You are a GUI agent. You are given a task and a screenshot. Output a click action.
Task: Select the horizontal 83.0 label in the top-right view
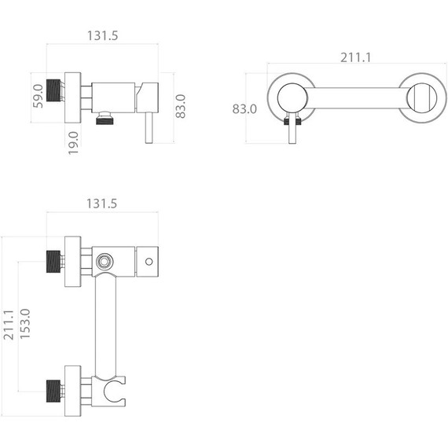[244, 108]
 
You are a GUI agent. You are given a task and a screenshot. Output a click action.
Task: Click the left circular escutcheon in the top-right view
[291, 98]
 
